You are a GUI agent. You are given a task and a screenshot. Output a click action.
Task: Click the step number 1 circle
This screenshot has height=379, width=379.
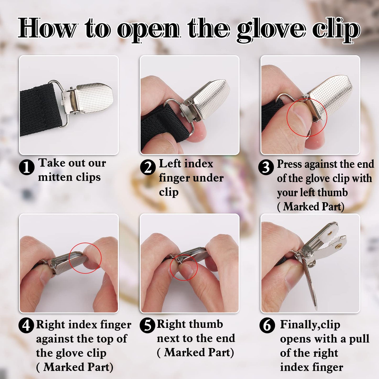tap(26, 167)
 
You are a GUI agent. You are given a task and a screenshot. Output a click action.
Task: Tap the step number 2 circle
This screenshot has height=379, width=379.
tap(148, 167)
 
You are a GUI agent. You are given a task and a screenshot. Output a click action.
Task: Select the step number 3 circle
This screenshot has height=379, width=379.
tap(266, 167)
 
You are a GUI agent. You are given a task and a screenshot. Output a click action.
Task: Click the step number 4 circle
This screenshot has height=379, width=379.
tap(26, 325)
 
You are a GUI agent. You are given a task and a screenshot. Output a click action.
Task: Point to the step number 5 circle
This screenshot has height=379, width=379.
tap(148, 325)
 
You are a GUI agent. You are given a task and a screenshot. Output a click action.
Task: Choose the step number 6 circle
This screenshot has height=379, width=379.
tap(267, 325)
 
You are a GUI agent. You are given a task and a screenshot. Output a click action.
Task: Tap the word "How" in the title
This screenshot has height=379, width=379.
tap(47, 28)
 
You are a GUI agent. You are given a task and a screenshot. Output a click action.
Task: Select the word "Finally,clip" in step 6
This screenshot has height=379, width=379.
tap(310, 325)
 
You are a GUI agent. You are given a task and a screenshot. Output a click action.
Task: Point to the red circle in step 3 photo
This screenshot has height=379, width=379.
tap(307, 117)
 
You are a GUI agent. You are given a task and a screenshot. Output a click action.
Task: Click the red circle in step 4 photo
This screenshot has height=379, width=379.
tap(85, 258)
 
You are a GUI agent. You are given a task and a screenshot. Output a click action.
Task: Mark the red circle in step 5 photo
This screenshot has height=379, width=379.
tap(184, 267)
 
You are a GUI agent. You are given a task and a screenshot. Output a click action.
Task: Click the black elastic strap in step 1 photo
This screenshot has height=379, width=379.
tap(39, 110)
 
